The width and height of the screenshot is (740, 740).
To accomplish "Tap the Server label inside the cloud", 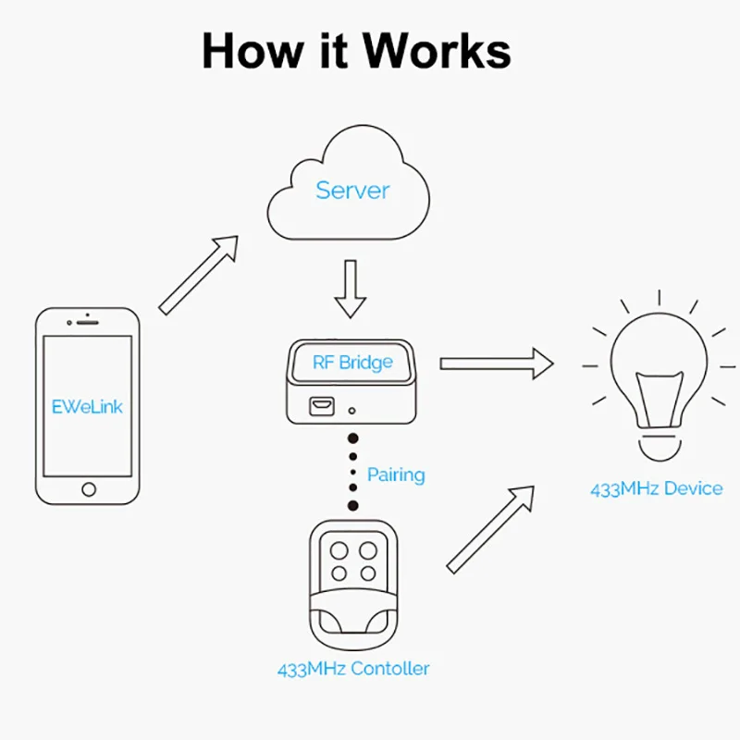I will point(352,191).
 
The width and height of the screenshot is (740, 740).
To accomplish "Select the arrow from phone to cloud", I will point(198,274).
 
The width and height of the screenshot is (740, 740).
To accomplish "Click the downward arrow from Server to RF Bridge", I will point(351,288).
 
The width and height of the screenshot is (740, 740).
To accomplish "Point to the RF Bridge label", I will point(352,362).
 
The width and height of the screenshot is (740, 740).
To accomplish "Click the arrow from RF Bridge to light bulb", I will point(495,363).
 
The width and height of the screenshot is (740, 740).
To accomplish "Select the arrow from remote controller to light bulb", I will point(490,528).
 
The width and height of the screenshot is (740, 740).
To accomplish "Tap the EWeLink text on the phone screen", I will point(88,406).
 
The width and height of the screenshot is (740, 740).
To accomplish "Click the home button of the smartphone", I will point(89,488).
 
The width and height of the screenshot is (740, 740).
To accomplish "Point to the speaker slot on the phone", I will point(89,323).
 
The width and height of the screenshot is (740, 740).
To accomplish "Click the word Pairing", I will point(396,475).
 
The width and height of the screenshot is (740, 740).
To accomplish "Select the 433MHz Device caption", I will point(657,488).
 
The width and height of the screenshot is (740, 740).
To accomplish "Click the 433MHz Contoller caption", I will point(353,668).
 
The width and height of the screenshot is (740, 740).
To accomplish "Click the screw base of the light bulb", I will point(658,445).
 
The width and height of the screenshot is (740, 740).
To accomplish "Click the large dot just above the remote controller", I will point(352,505).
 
